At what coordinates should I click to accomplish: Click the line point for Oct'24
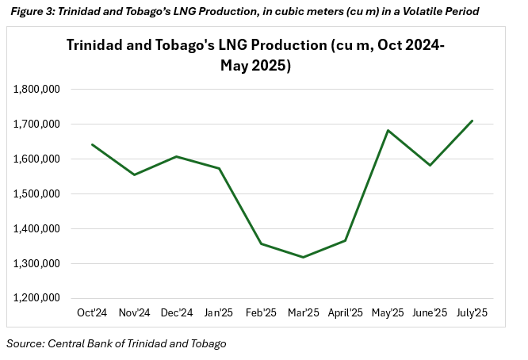[x=92, y=144]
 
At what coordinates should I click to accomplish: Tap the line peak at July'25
[x=473, y=121]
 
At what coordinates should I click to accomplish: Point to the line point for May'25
[x=388, y=130]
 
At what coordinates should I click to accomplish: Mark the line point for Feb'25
[x=261, y=243]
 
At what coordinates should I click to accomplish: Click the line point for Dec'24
[x=176, y=156]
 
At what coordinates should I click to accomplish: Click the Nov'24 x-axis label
[x=134, y=313]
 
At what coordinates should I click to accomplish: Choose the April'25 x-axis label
[x=345, y=313]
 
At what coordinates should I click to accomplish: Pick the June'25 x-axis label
[x=430, y=313]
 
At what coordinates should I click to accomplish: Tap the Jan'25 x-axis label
[x=218, y=313]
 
